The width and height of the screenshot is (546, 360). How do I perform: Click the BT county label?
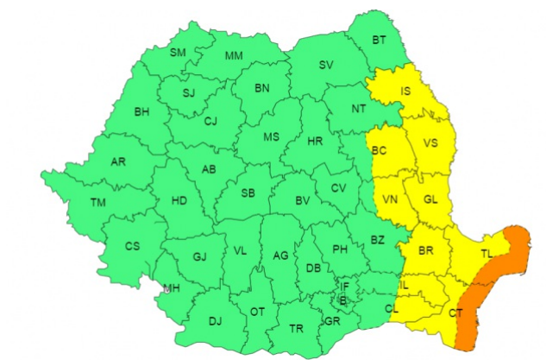click(x=380, y=40)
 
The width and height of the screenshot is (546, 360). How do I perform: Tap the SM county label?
click(x=178, y=53)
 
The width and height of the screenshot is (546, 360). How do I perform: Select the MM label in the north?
click(x=234, y=56)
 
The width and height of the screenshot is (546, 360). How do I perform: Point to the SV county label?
click(x=326, y=65)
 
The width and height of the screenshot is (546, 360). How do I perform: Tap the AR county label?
click(x=119, y=161)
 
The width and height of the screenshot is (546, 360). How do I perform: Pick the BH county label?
click(x=142, y=111)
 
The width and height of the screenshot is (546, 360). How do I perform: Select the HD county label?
click(x=179, y=201)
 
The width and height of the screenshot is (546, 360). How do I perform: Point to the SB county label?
click(x=248, y=193)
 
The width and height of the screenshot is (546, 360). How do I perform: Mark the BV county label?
click(x=303, y=201)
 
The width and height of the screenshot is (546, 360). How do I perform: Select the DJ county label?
click(x=215, y=322)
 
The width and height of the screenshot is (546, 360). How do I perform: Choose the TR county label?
click(x=296, y=328)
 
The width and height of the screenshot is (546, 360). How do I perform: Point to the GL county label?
click(x=431, y=199)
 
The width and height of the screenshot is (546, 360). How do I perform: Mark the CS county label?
click(x=132, y=246)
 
